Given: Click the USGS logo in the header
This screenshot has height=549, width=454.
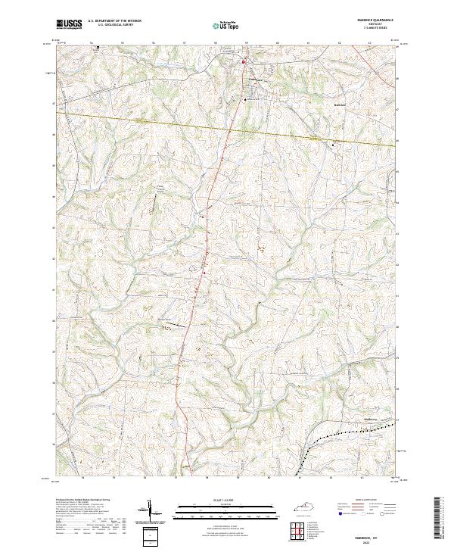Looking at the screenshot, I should (x=69, y=25).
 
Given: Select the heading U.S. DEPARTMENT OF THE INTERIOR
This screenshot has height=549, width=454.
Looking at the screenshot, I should (x=114, y=21).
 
